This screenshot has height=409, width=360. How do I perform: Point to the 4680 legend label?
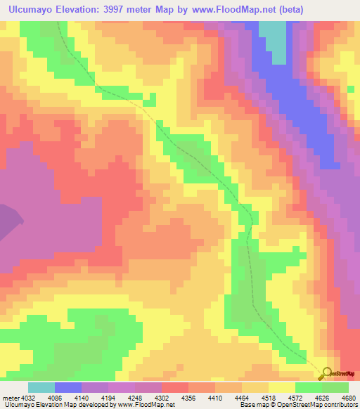click(347, 398)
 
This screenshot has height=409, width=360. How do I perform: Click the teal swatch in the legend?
click(41, 387)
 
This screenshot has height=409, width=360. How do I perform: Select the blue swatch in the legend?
click(68, 387)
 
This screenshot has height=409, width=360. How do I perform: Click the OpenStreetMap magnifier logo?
click(326, 374)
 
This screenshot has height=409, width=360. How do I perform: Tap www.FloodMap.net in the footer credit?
click(146, 405)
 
